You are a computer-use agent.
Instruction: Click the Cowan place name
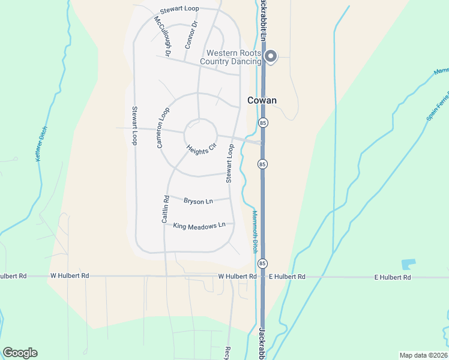[x=262, y=100]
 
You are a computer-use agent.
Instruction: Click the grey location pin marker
[x=271, y=56]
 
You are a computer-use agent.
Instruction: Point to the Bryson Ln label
[x=198, y=201]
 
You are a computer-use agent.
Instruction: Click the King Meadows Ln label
[x=199, y=226]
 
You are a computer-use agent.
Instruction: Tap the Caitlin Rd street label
[x=164, y=209]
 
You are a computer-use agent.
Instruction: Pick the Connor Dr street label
[x=191, y=35]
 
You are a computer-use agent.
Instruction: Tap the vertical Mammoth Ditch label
[x=254, y=231]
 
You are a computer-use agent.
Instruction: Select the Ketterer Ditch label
[x=41, y=146]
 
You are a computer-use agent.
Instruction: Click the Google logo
[x=20, y=353]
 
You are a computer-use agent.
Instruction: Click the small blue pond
[x=408, y=264]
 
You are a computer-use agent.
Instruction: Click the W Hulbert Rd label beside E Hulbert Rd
[x=237, y=277]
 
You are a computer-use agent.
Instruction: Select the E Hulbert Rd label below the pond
[x=393, y=277]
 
